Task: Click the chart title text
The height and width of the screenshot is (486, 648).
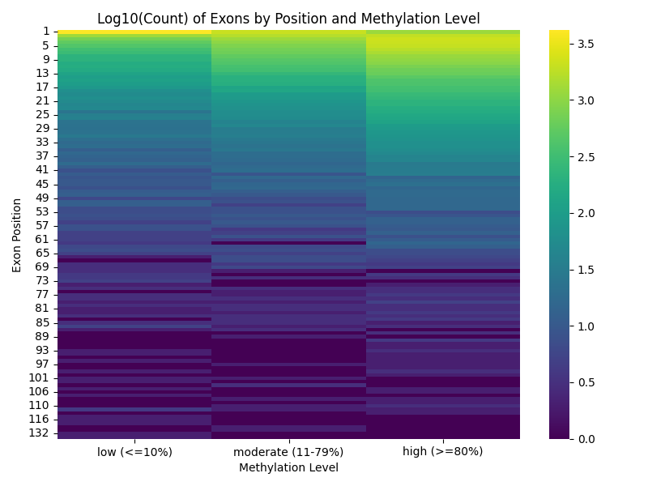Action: click(288, 19)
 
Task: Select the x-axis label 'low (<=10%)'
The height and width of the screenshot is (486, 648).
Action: click(134, 452)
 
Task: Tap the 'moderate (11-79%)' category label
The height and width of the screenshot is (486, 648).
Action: click(288, 452)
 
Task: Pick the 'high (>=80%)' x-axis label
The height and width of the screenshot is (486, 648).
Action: click(442, 452)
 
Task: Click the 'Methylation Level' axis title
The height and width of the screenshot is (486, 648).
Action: click(288, 467)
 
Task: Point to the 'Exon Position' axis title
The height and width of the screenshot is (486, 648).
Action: click(17, 235)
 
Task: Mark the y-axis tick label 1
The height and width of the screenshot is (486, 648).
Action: click(46, 32)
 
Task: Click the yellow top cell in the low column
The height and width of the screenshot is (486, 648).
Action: click(134, 32)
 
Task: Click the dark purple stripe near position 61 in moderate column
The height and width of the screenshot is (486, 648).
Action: click(288, 242)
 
